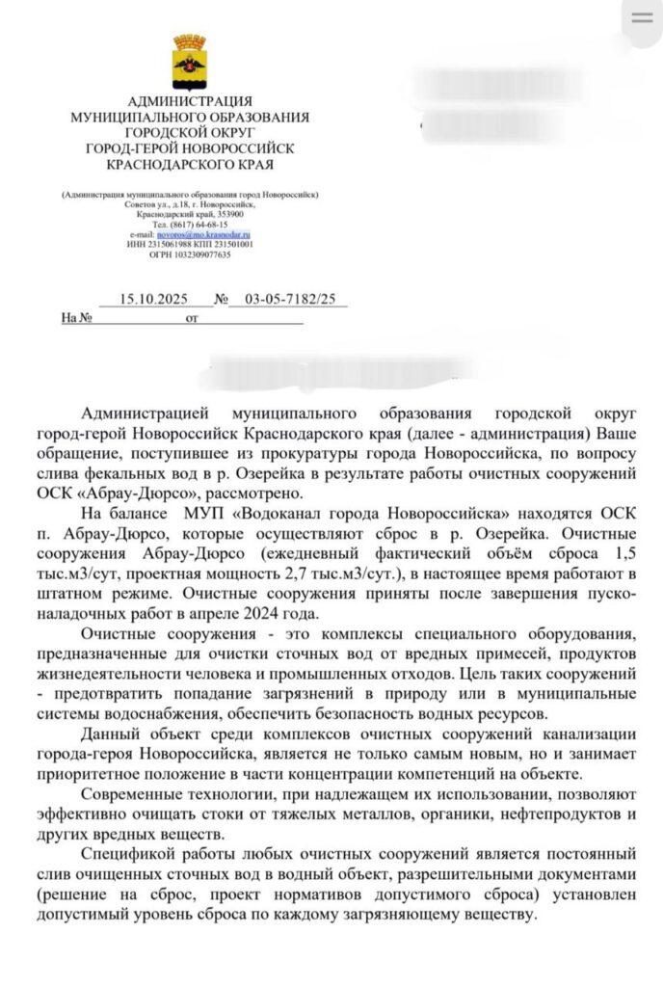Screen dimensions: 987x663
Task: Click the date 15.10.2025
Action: [151, 300]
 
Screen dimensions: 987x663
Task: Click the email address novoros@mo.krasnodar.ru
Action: [213, 234]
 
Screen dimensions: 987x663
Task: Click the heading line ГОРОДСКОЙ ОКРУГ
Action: [190, 133]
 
